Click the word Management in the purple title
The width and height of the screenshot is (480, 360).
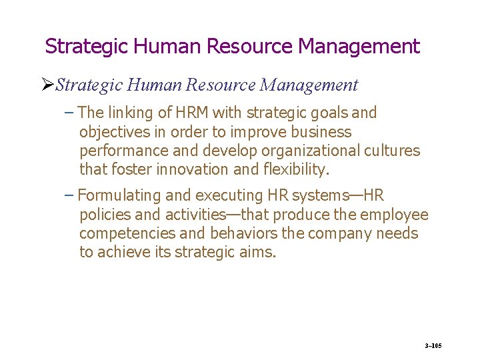tap(359, 46)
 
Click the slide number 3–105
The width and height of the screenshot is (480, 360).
tap(433, 345)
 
